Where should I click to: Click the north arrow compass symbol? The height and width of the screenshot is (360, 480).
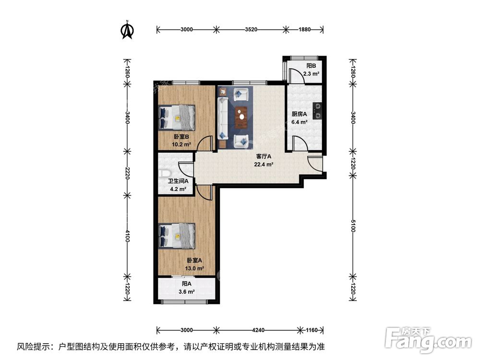(127, 30)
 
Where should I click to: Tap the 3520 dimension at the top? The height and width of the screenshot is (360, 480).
(251, 30)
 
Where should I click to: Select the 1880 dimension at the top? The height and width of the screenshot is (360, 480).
(304, 30)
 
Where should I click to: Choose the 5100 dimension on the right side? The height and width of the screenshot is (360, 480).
(353, 226)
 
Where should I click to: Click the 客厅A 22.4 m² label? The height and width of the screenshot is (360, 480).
(264, 160)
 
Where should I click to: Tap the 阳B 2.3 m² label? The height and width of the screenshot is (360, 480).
(312, 70)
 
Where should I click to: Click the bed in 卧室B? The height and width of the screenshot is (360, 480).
(177, 117)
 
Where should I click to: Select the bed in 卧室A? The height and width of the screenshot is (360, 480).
(177, 236)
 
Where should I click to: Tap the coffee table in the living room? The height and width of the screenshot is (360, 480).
(242, 115)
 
